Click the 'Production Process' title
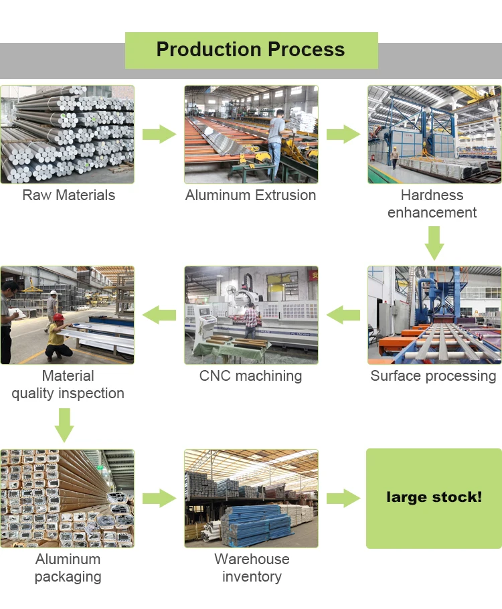pyautogui.click(x=250, y=50)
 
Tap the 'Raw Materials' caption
pyautogui.click(x=68, y=195)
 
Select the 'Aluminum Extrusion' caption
pyautogui.click(x=250, y=195)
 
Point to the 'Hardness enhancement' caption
pyautogui.click(x=432, y=204)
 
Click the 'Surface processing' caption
pyautogui.click(x=434, y=376)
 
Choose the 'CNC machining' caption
pyautogui.click(x=250, y=376)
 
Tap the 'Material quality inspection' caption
pyautogui.click(x=68, y=385)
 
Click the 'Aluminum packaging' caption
pyautogui.click(x=68, y=568)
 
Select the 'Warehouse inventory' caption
pyautogui.click(x=252, y=568)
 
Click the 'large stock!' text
pyautogui.click(x=434, y=497)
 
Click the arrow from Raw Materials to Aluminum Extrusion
pyautogui.click(x=159, y=134)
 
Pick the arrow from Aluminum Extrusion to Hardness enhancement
pyautogui.click(x=343, y=134)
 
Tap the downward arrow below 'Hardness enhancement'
pyautogui.click(x=434, y=243)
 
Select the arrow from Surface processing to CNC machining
pyautogui.click(x=343, y=315)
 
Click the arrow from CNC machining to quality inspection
pyautogui.click(x=159, y=315)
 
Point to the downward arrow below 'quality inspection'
pyautogui.click(x=64, y=425)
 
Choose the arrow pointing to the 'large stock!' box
pyautogui.click(x=343, y=498)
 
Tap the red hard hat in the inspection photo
pyautogui.click(x=58, y=317)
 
